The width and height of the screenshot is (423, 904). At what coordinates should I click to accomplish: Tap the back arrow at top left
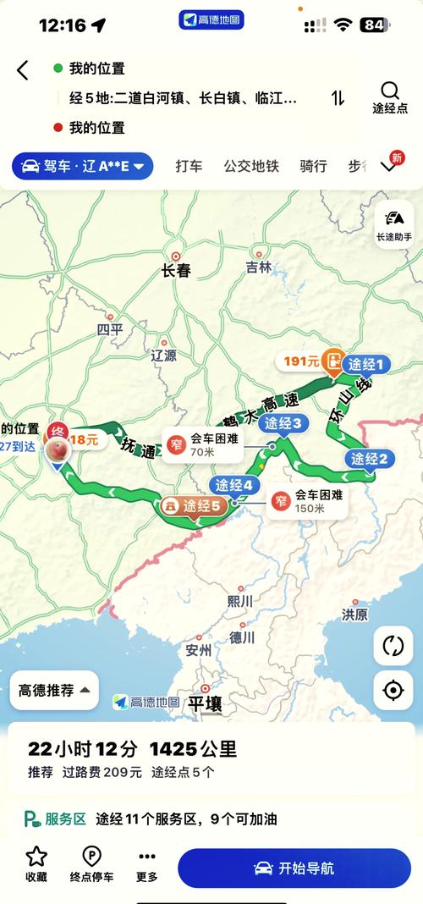point(23,70)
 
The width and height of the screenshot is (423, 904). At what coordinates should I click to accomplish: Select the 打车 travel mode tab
point(189,166)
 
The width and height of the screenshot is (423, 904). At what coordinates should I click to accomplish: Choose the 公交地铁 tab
point(251,166)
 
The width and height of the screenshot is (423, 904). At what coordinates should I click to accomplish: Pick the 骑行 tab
point(313,166)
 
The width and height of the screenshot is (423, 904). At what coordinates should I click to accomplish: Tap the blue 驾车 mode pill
point(82,166)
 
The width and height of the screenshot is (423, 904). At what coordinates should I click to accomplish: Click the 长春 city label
point(176,271)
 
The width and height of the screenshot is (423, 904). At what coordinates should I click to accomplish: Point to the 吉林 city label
point(259,267)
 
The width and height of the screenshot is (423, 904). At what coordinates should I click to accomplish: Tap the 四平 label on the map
point(109,329)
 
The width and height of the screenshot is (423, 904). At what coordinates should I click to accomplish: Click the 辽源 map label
point(163,355)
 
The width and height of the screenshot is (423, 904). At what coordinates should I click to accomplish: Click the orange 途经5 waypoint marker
point(194,506)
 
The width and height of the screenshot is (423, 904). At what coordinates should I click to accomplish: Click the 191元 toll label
point(302,361)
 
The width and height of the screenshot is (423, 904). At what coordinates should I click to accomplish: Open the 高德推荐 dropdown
point(54,690)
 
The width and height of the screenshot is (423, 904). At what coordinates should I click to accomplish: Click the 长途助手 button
point(393,224)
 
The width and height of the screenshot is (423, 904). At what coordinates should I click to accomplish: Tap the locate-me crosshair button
point(393,690)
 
